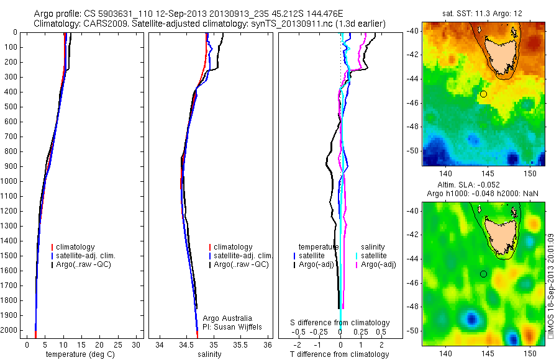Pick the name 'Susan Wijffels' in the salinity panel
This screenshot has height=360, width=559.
click(x=234, y=326)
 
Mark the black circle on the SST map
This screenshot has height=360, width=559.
click(x=483, y=94)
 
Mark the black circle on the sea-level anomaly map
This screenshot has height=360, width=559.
click(x=483, y=274)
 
